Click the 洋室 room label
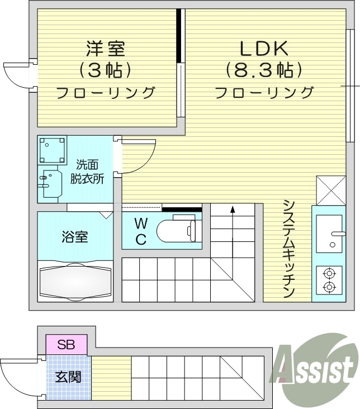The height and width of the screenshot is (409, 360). click(x=105, y=48)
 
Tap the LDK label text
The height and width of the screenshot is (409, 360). click(x=264, y=49)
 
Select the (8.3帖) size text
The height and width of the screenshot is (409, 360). click(x=264, y=70)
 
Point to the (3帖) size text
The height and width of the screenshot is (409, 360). click(x=105, y=70)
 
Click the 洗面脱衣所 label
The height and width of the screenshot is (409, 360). click(x=87, y=172)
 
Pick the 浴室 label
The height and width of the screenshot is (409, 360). click(x=74, y=236)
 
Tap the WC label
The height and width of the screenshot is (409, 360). click(x=141, y=232)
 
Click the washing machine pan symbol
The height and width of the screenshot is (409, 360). click(x=52, y=150)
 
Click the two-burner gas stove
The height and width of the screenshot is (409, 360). click(x=329, y=280)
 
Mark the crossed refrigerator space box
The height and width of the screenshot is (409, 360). click(x=327, y=191)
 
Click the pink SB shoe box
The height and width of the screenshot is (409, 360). click(x=66, y=344)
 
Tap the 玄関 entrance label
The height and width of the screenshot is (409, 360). click(x=68, y=377)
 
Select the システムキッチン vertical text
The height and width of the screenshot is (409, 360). click(x=288, y=249)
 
